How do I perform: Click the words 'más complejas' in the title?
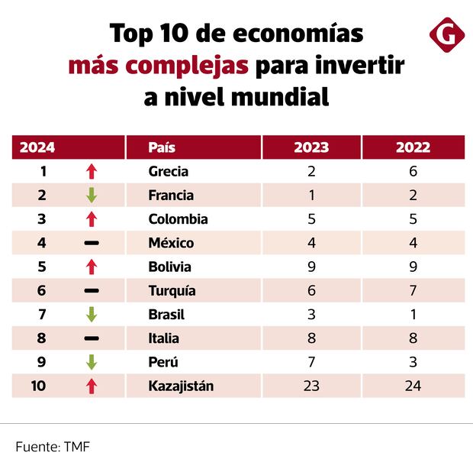click(158, 66)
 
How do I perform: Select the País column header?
click(162, 147)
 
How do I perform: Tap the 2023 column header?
click(311, 147)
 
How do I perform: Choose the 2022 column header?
click(413, 147)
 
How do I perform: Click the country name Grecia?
click(169, 171)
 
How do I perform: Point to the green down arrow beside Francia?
click(92, 196)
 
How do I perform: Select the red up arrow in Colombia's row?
click(92, 219)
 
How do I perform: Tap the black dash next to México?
click(92, 243)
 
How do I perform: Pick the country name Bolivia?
click(170, 267)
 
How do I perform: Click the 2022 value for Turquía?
click(413, 290)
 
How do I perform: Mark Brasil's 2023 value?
click(311, 314)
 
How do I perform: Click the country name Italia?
click(164, 338)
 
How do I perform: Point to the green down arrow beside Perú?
click(92, 362)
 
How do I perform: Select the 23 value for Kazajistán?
click(311, 386)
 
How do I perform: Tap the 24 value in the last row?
click(413, 386)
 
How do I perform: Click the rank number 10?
click(38, 386)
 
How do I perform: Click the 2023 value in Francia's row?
click(311, 196)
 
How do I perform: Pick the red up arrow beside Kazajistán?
click(92, 386)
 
